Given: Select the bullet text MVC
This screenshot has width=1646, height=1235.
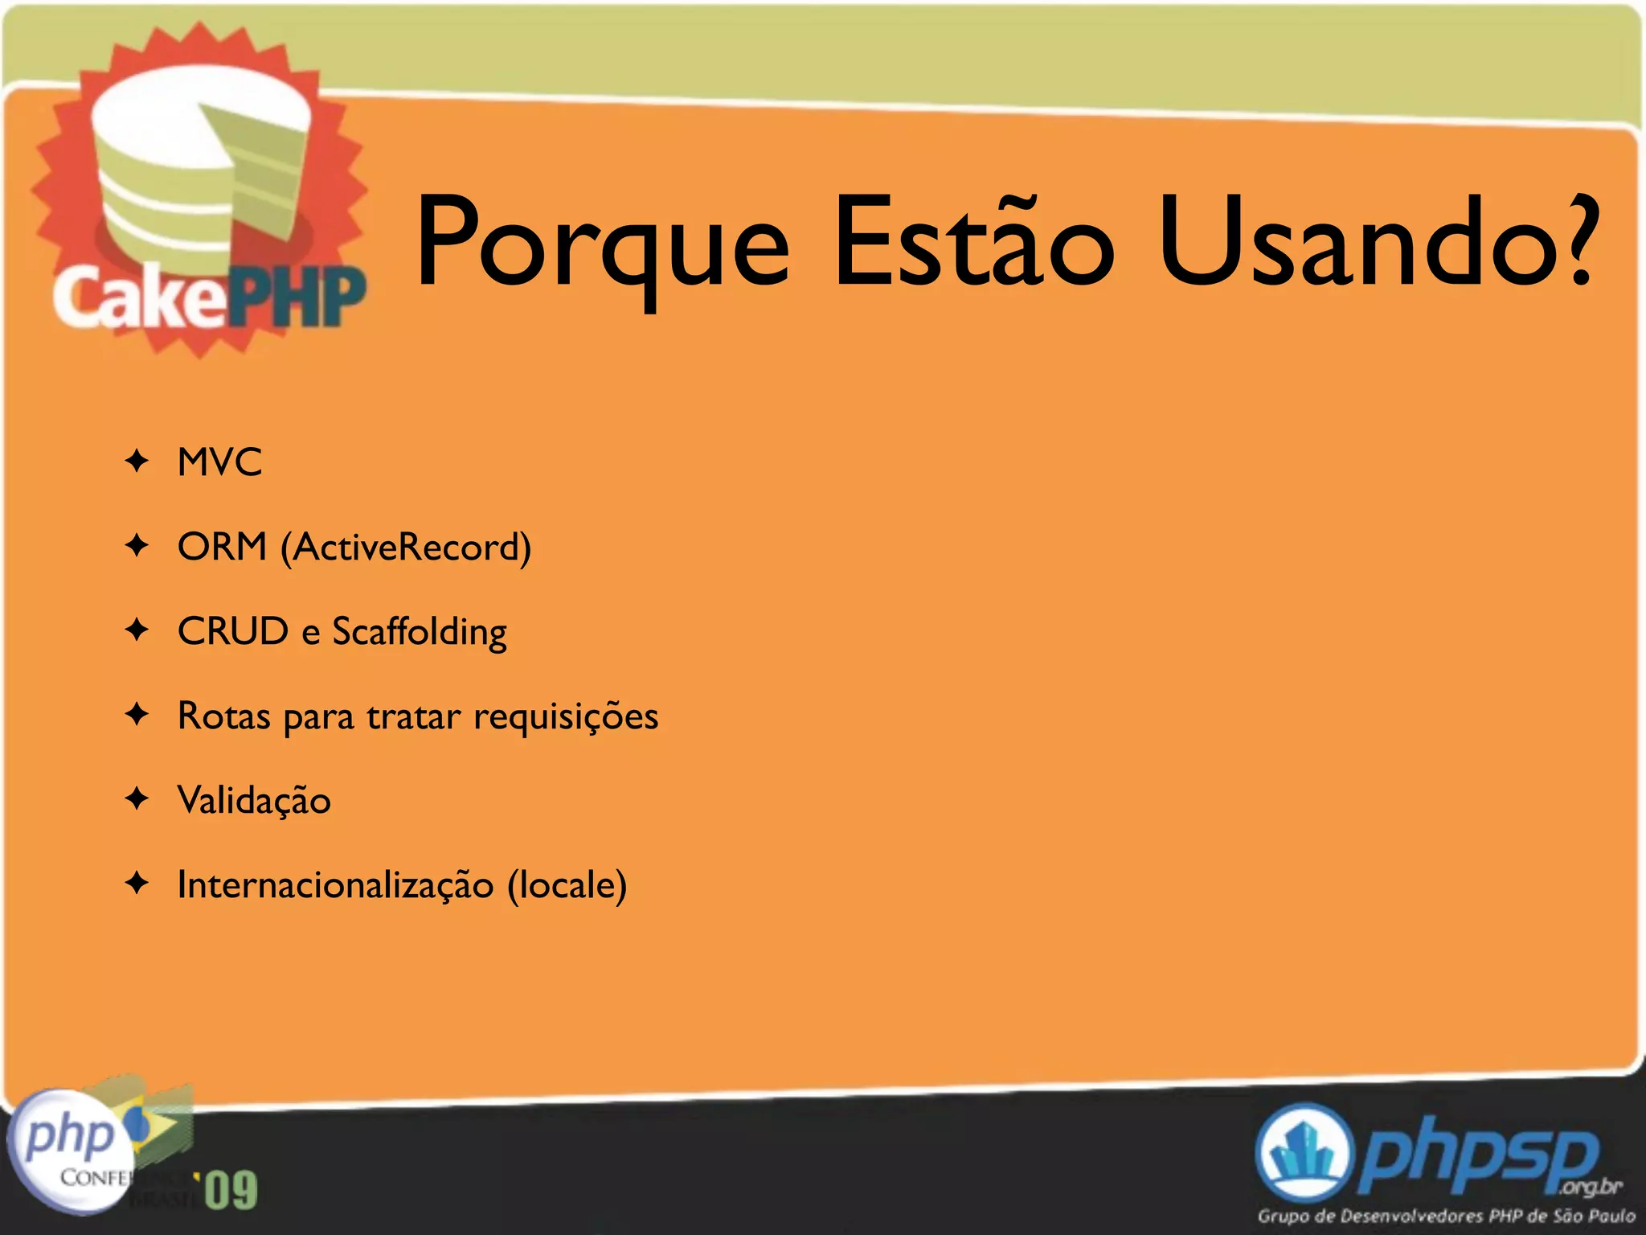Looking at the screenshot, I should (219, 462).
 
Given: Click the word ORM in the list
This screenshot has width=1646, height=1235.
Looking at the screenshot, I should (222, 547).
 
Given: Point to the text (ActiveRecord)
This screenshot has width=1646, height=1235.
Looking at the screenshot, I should (406, 548).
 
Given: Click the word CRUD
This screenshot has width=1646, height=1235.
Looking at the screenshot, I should (232, 631).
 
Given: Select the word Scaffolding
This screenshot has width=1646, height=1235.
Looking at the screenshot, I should (420, 633).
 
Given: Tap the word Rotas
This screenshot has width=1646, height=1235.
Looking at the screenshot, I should (223, 716).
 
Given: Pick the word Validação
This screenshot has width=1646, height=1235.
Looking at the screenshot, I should (254, 801).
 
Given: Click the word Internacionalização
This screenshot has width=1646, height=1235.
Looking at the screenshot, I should (335, 885).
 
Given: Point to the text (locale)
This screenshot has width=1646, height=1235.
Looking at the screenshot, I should (567, 885).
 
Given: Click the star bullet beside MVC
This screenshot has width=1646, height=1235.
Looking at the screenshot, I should (137, 462).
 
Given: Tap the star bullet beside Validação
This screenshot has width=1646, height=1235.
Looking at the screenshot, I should (137, 799).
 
